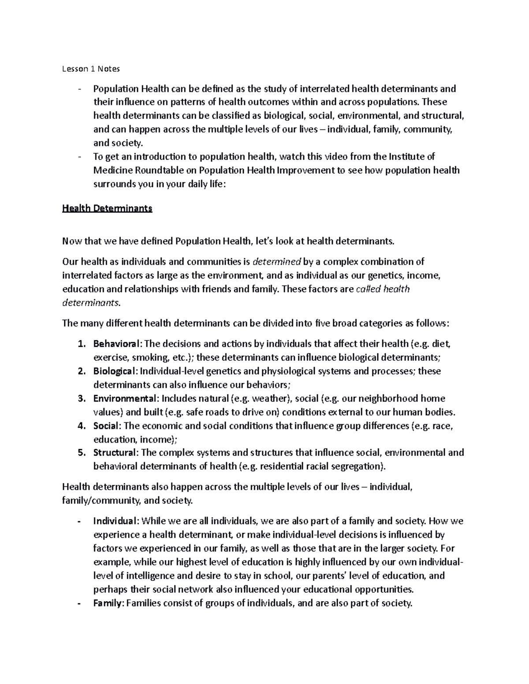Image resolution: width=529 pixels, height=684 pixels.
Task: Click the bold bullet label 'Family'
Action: pyautogui.click(x=107, y=603)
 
